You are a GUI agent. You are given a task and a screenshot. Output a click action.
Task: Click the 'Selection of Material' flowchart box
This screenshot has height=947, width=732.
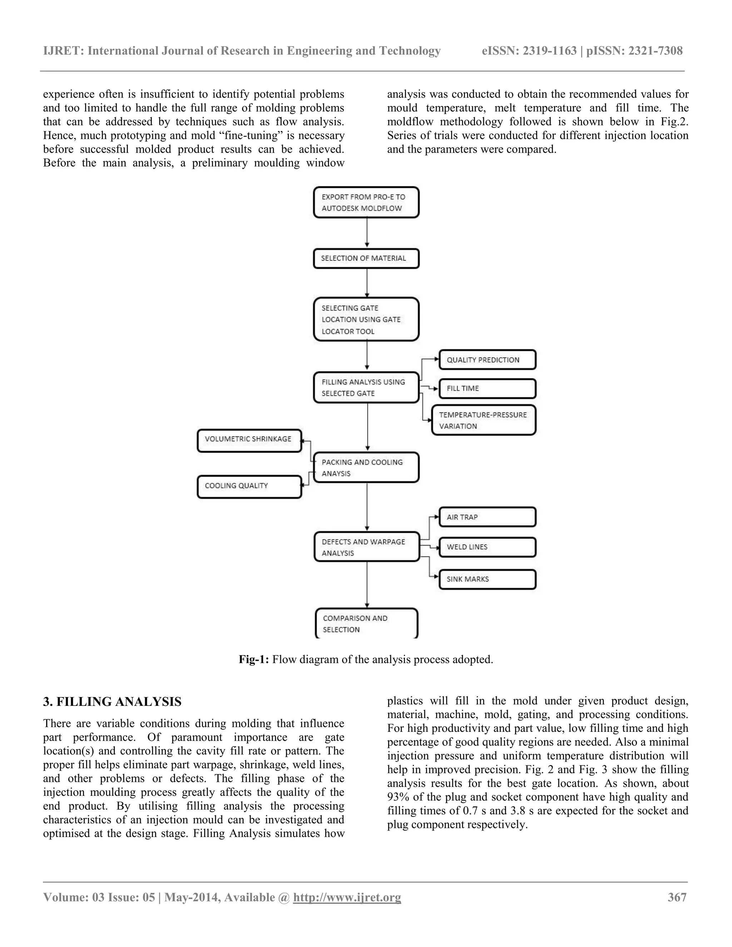click(366, 258)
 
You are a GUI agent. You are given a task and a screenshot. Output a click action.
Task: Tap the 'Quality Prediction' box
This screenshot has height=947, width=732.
click(488, 360)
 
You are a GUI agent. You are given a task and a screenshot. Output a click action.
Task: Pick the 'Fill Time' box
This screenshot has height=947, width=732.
click(488, 388)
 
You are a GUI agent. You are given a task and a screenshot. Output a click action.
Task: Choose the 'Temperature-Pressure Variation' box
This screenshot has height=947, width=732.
click(484, 420)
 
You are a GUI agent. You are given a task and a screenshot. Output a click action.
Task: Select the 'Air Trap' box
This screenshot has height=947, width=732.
click(488, 517)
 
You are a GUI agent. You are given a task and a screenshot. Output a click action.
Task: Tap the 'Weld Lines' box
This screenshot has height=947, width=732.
click(488, 547)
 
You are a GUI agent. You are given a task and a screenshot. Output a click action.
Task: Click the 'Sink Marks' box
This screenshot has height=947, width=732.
click(488, 579)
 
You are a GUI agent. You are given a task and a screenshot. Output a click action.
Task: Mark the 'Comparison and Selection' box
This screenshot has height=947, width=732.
click(366, 624)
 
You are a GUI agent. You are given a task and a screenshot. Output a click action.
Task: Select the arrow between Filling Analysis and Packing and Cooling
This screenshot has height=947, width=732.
click(368, 427)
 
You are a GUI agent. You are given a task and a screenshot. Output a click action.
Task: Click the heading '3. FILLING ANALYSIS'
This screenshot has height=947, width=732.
click(112, 702)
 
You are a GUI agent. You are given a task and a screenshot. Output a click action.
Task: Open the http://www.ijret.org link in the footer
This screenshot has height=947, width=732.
click(347, 897)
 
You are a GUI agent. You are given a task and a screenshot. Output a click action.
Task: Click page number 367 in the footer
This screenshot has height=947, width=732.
click(677, 897)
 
